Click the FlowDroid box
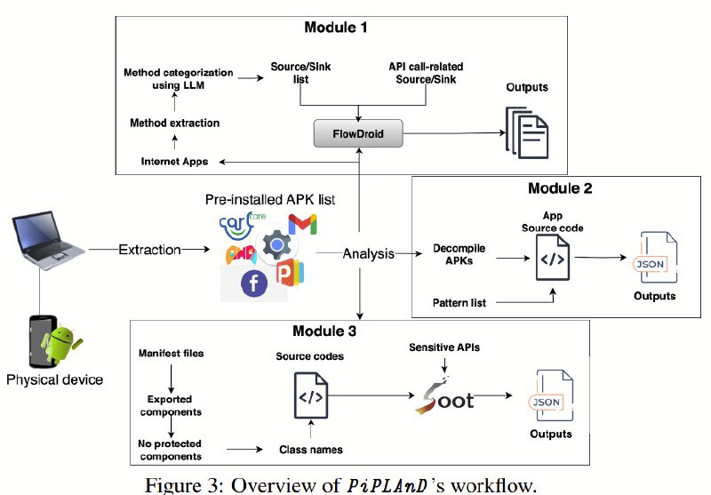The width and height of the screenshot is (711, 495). pos(358,133)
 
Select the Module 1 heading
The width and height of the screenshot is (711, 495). pos(336,28)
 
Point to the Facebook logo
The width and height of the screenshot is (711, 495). pos(254,283)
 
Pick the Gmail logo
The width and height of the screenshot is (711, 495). pos(302,224)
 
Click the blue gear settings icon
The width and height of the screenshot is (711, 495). pos(276,245)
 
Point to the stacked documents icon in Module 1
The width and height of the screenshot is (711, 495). pos(527,132)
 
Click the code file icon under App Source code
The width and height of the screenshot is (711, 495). pos(553,258)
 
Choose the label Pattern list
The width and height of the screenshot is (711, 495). pos(459,303)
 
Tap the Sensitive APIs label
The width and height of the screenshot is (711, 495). pos(444,347)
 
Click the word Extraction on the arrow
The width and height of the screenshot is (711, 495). pos(149,250)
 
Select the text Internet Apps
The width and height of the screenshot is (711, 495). pos(174,162)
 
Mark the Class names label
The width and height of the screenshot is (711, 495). pos(311,449)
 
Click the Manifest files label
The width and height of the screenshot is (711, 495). pos(171,353)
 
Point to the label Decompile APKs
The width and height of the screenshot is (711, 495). pos(459,254)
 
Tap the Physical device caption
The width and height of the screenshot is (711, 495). pos(54,379)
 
